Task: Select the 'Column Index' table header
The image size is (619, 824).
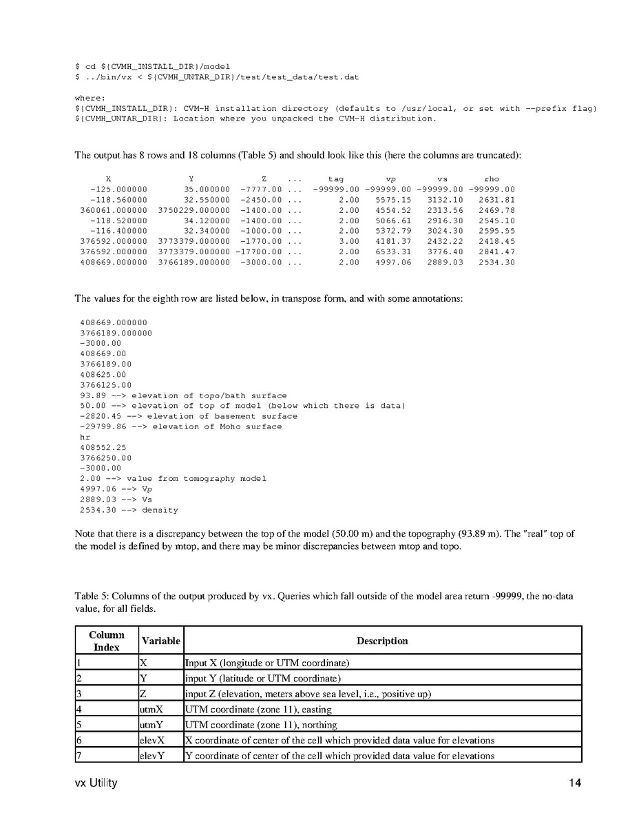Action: tap(107, 641)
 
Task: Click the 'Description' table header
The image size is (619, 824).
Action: tap(382, 641)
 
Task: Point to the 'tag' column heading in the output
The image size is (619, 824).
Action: tap(336, 179)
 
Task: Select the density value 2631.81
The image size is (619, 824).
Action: tap(496, 200)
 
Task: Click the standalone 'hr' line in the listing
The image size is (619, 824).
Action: tap(85, 437)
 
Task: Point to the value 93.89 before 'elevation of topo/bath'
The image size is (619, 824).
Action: tap(93, 395)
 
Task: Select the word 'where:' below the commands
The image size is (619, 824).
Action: tap(90, 98)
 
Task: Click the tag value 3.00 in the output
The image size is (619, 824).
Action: tap(348, 241)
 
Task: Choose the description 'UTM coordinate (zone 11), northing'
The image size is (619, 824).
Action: tap(261, 725)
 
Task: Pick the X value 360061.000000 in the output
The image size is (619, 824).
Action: tap(114, 210)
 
